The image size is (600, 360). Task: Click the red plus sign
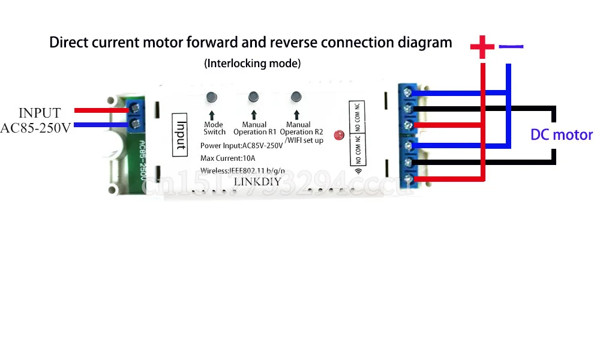481,47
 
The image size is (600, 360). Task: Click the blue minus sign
511,46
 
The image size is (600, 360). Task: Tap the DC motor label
562,135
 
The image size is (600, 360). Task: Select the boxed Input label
181,134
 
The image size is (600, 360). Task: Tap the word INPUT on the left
40,113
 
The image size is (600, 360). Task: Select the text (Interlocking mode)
252,63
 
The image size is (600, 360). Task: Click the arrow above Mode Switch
211,115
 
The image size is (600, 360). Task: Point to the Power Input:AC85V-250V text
242,146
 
